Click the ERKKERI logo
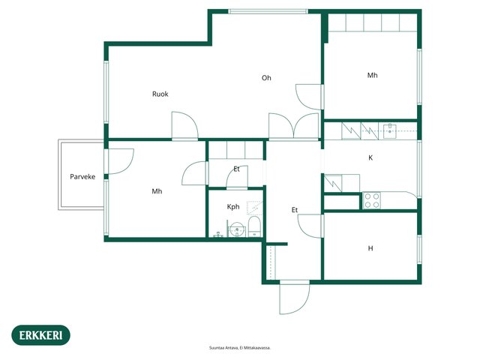pos(40,335)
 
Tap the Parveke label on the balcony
pos(82,177)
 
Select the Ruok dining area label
pos(160,94)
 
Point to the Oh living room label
pos(266,78)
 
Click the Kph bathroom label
pos(233,207)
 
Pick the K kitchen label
pos(370,158)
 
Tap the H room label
pos(370,248)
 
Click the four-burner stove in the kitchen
pos(372,200)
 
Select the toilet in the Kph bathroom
pos(254,226)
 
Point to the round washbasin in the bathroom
pos(237,229)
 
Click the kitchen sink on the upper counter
pos(390,131)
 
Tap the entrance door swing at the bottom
pos(295,298)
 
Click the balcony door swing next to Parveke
pos(120,161)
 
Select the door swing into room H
pos(310,226)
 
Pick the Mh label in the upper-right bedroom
pos(372,75)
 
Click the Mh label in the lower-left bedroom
pos(157,191)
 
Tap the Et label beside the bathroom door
pos(236,169)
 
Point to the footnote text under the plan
pos(240,348)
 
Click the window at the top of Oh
pos(268,12)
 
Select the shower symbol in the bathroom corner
pos(255,208)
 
